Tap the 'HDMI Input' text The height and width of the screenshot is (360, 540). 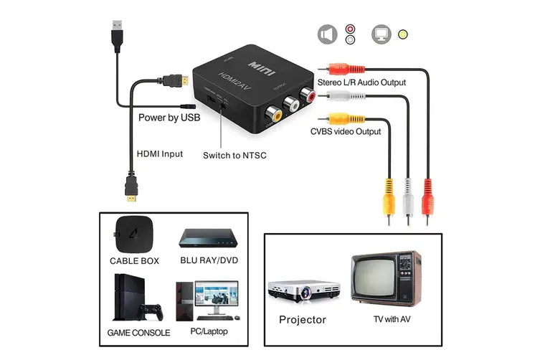(159, 153)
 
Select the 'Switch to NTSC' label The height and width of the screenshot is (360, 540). (235, 155)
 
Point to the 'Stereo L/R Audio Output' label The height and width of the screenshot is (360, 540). (362, 82)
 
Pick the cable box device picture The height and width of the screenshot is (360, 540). (133, 231)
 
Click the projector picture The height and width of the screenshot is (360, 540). (303, 291)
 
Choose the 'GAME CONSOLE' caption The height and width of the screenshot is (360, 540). (138, 333)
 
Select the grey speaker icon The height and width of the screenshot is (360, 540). (328, 34)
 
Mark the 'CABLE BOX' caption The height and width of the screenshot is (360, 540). (134, 261)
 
